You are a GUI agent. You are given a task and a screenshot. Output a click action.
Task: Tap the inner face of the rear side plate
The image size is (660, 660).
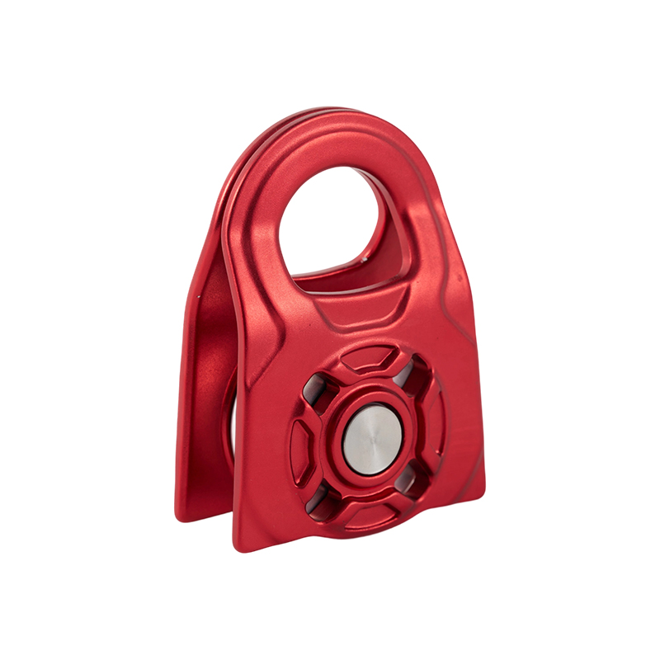[x=210, y=371]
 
